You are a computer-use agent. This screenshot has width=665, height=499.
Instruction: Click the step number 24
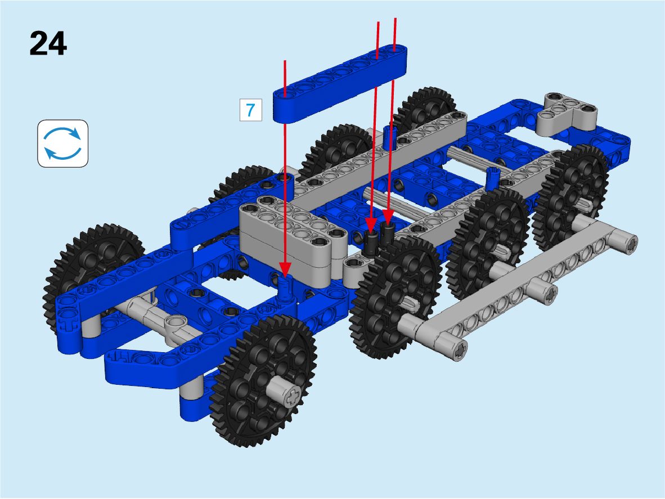[x=48, y=44]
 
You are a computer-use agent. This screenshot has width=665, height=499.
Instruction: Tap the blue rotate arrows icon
[x=63, y=143]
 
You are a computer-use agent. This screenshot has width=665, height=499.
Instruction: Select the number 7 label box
[x=251, y=110]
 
